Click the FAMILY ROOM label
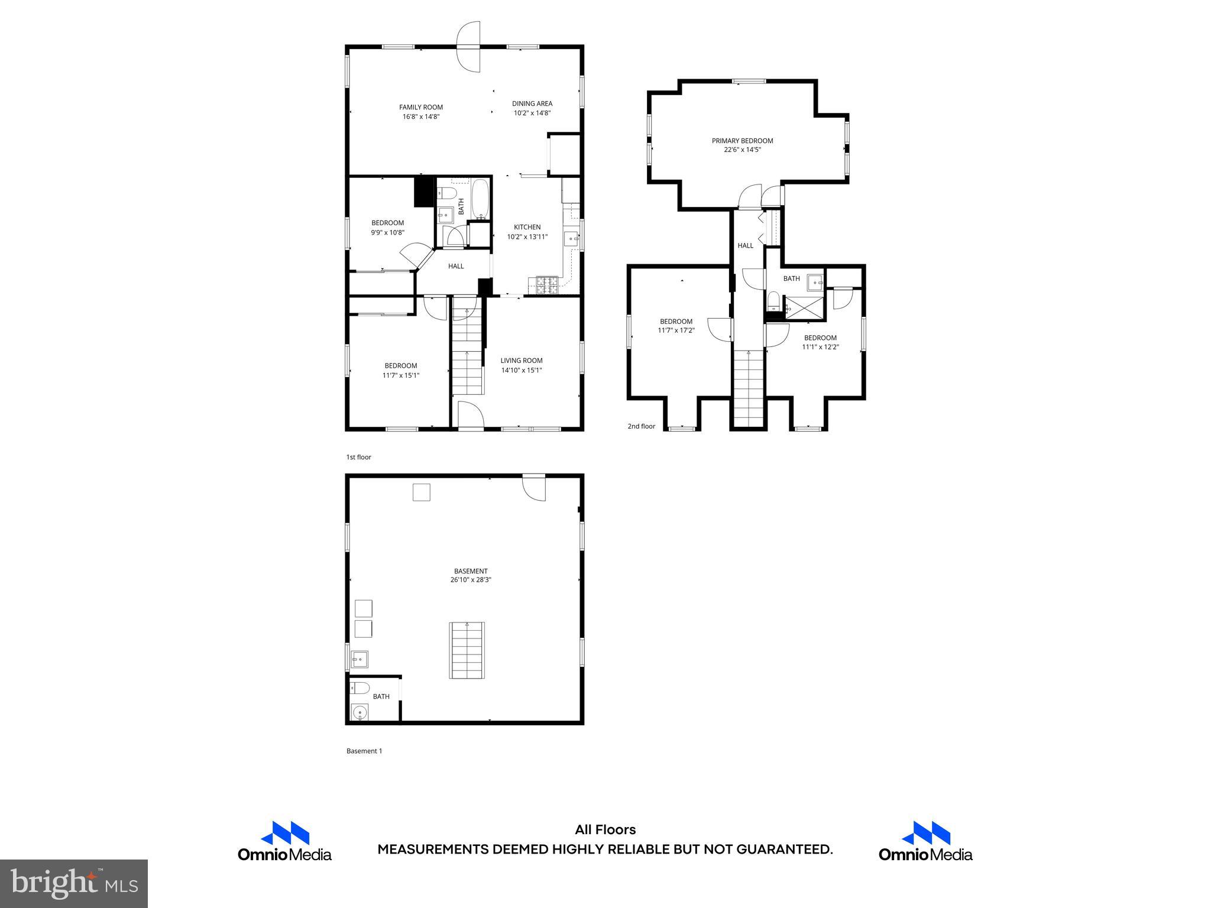(420, 107)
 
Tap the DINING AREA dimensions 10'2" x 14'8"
(532, 113)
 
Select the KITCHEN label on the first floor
(527, 227)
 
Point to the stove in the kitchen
(547, 286)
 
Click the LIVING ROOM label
(521, 361)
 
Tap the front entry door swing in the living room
(471, 414)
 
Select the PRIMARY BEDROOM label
(742, 141)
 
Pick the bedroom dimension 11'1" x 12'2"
(820, 348)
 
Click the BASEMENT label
(471, 571)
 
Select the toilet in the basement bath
(359, 688)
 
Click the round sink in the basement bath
(360, 713)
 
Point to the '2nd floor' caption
(641, 426)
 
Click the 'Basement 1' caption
(364, 751)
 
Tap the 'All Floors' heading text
(605, 829)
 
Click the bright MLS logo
(74, 883)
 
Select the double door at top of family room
(468, 47)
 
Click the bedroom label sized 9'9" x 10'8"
(387, 223)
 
